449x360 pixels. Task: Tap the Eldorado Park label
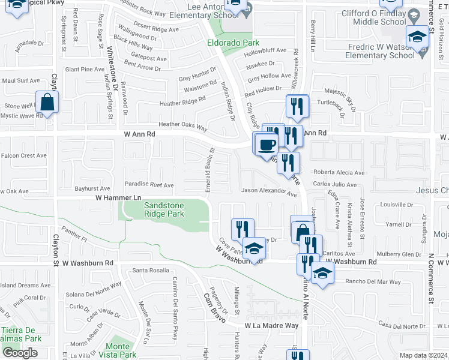(233, 43)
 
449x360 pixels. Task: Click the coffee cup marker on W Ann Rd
(267, 145)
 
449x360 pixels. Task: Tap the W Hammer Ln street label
(118, 197)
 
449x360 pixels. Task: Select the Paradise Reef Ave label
(149, 185)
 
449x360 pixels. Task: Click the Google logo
(20, 353)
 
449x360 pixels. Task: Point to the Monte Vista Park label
(118, 350)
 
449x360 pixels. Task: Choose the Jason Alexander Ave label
(269, 193)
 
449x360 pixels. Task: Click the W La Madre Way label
(271, 325)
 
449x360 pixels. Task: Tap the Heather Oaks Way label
(182, 125)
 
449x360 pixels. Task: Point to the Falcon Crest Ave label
(24, 155)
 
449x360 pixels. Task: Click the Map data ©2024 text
(424, 355)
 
